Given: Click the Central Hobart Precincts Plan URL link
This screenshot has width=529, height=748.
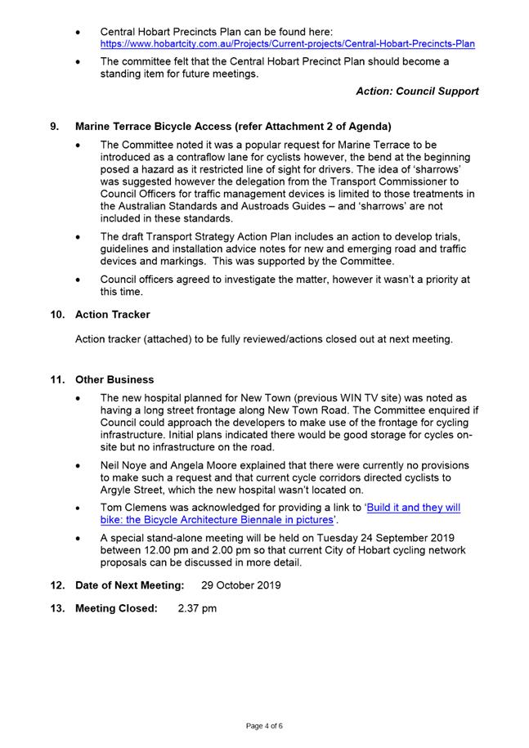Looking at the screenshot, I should click(287, 43).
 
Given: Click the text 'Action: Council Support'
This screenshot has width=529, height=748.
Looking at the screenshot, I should click(417, 92).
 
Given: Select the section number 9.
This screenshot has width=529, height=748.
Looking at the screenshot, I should click(55, 127).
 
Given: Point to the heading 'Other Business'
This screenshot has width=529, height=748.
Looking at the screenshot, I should click(114, 379).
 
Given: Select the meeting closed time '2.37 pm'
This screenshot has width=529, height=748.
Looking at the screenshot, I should click(197, 608).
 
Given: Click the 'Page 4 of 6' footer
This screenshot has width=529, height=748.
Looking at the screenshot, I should click(264, 725).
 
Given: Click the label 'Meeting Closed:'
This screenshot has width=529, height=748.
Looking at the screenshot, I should click(116, 608).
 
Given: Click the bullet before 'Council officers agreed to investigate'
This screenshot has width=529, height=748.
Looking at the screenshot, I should click(78, 280).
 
